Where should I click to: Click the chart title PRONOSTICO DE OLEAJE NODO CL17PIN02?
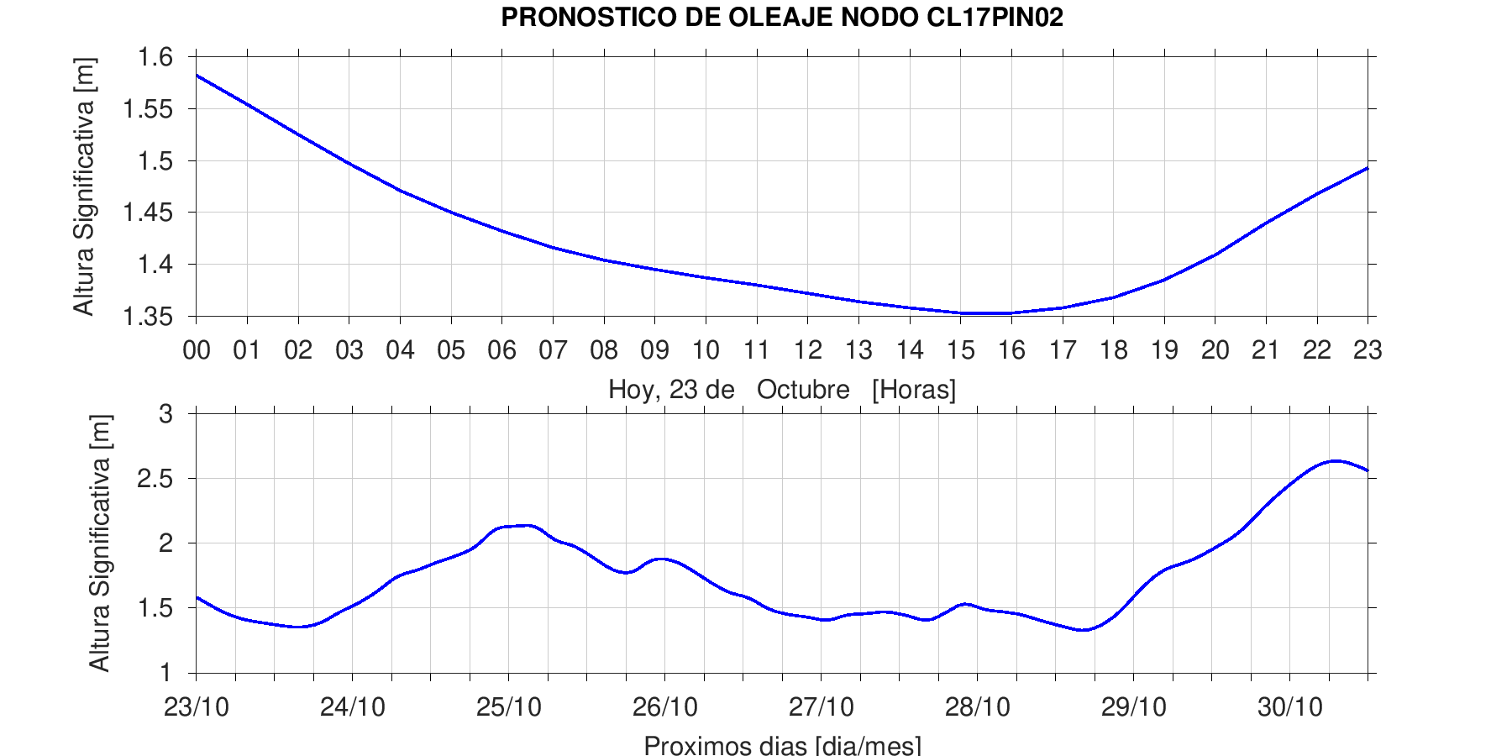(x=782, y=17)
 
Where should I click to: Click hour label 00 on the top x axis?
(x=197, y=349)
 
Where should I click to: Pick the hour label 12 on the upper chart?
(x=808, y=349)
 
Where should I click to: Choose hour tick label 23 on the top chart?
(x=1368, y=349)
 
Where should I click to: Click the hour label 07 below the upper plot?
(x=553, y=349)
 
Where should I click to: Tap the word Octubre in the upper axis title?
(x=803, y=390)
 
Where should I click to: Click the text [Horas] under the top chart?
(x=914, y=390)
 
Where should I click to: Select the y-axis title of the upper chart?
(x=84, y=186)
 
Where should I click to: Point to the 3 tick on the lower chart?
(x=165, y=414)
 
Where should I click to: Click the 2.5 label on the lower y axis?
(x=155, y=479)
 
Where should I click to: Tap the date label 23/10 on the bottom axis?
(x=197, y=706)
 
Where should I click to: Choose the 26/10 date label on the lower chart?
(x=665, y=706)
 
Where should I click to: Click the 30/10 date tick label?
(x=1290, y=706)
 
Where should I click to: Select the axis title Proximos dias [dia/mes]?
(x=782, y=745)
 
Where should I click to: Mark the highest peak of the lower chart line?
(x=1336, y=460)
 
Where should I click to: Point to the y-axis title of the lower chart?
(x=101, y=543)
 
